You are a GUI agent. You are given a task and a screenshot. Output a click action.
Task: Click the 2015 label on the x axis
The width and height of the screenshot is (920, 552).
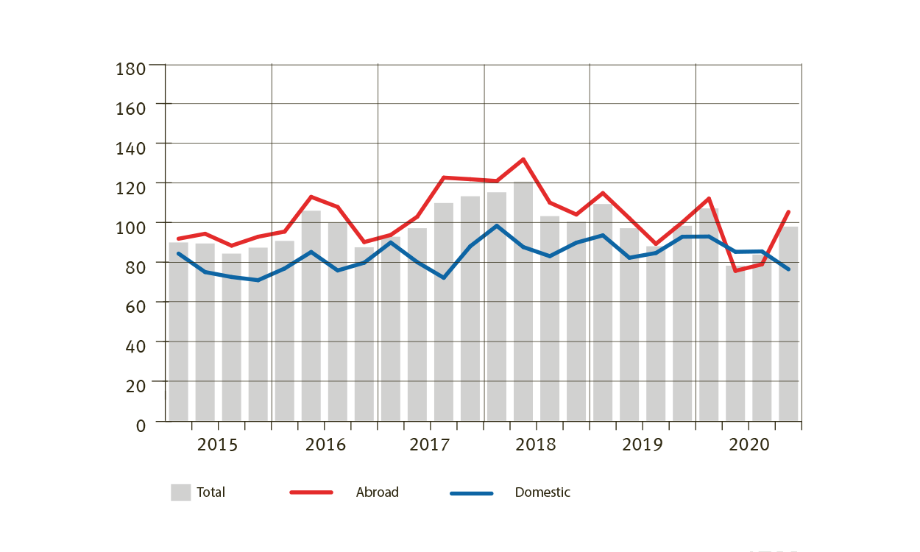coord(218,445)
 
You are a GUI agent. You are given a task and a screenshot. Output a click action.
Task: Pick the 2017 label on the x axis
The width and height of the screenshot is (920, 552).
coord(430,445)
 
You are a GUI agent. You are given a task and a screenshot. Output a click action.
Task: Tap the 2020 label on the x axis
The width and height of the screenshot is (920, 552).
coord(749,445)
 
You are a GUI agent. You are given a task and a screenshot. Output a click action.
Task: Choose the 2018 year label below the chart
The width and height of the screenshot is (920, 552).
coord(536,445)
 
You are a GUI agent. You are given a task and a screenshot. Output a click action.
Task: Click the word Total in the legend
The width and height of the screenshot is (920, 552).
coord(210,492)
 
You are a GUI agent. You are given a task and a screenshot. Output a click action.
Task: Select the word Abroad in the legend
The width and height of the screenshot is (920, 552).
coord(377,492)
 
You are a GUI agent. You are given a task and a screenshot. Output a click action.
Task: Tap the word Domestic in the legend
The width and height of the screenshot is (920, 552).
coord(542,492)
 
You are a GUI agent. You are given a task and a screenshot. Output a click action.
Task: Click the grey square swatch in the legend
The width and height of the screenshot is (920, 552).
coord(180,492)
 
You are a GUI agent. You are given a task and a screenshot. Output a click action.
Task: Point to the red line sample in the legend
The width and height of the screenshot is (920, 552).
coord(311,492)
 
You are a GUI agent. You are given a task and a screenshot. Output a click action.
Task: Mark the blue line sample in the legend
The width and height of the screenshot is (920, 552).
coord(471,492)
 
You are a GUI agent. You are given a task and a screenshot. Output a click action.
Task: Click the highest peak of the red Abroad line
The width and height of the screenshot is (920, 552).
coord(523,160)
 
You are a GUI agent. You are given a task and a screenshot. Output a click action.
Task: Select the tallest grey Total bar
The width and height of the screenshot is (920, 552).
coord(523,302)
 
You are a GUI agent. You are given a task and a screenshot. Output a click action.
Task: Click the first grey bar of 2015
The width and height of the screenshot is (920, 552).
coord(178,331)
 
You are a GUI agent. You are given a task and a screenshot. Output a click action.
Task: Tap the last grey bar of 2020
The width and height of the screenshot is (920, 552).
coord(788,324)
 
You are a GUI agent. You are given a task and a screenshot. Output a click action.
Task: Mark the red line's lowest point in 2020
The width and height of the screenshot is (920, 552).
coord(735,271)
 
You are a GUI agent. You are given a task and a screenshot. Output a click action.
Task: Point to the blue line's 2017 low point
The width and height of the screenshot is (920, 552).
coord(444,277)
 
